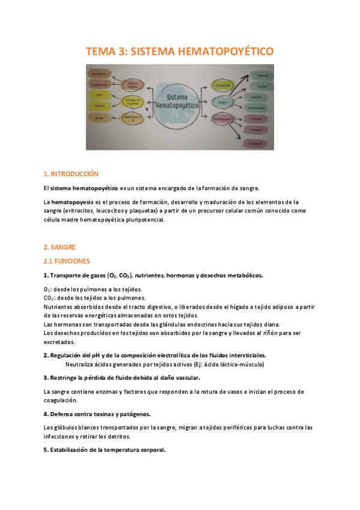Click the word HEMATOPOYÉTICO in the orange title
point(227,52)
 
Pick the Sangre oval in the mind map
point(222,103)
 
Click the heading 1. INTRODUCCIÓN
point(70,174)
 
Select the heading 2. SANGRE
point(59,247)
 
